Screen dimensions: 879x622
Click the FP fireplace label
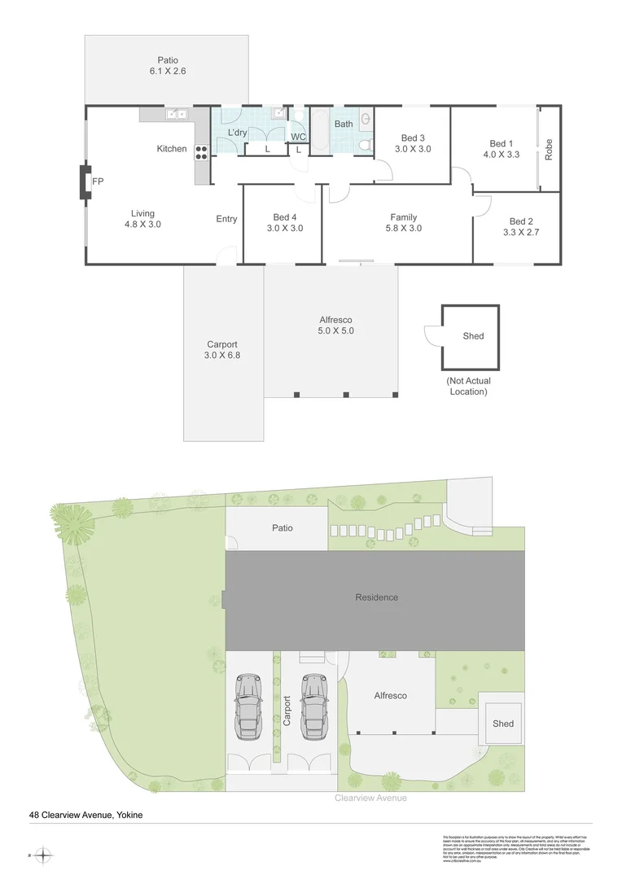(x=97, y=181)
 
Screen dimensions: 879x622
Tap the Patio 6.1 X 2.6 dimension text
(x=168, y=72)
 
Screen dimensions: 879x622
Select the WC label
(x=298, y=136)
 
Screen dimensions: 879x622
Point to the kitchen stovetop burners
(x=201, y=151)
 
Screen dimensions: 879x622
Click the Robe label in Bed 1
(x=549, y=148)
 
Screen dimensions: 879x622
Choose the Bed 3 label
(x=412, y=138)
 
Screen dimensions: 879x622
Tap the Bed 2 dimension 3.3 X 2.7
(x=521, y=232)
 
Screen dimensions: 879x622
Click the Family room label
(x=403, y=217)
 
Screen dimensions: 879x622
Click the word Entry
(x=226, y=219)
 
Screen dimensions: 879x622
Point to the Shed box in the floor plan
(x=470, y=335)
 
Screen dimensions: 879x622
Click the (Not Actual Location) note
(x=470, y=386)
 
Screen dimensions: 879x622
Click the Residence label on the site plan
(x=377, y=597)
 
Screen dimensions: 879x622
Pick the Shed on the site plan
(x=503, y=724)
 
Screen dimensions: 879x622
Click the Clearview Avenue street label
(x=370, y=798)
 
